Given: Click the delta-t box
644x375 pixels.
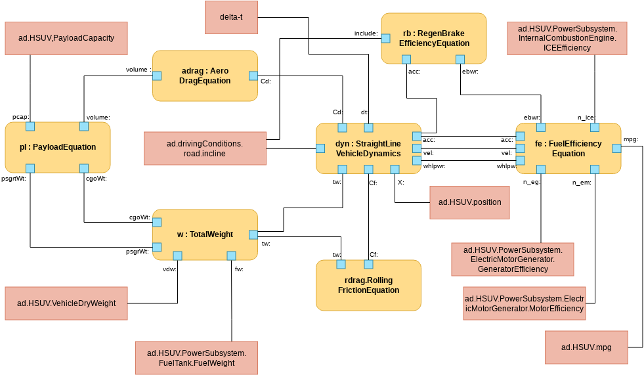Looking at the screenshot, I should point(230,17).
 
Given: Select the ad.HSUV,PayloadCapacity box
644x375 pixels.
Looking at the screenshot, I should point(66,38).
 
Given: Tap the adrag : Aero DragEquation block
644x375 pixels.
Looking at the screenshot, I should point(205,76).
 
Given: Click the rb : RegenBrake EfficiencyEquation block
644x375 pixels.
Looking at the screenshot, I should point(434,38).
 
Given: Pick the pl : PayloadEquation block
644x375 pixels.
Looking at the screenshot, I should point(57,147).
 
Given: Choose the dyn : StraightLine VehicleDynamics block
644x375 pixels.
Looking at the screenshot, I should point(368,148).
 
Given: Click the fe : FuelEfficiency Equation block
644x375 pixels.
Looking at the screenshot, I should point(568,148).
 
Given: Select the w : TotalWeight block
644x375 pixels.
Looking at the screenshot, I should point(205,234).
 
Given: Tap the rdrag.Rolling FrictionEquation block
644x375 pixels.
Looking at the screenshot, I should point(368,285).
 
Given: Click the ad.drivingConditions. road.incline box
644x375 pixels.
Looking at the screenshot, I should point(205,148).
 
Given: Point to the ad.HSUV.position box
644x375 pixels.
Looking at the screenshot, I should point(469,202).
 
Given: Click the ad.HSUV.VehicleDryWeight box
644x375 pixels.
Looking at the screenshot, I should point(66,303).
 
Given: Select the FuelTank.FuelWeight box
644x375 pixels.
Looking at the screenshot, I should point(196,358).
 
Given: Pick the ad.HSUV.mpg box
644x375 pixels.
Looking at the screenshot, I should point(586,347).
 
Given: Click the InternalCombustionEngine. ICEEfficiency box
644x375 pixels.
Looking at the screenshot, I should point(567,38).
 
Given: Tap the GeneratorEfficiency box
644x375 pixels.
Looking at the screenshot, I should point(513,259).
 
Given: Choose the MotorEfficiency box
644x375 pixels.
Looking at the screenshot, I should point(524,303).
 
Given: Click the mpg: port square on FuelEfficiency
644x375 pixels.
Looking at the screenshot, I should point(616,148).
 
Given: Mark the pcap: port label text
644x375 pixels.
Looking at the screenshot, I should point(20,117).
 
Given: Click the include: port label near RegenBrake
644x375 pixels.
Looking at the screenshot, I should point(366,33).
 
